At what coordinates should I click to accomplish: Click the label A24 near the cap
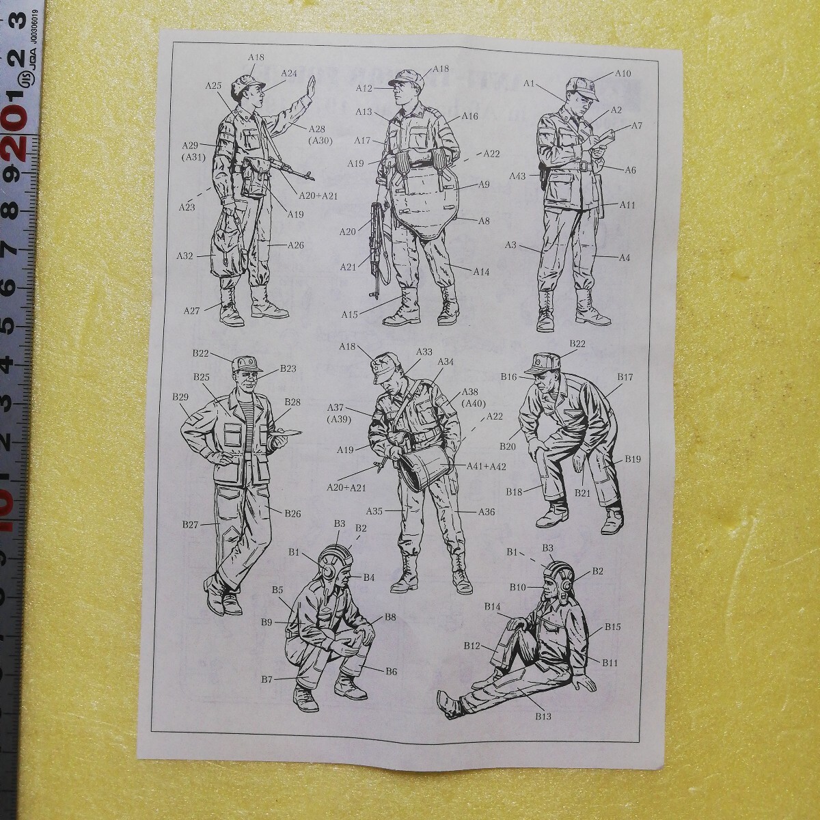[289, 73]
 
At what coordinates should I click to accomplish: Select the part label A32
[185, 256]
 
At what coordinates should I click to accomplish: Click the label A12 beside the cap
[364, 88]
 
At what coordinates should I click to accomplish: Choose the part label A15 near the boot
[351, 314]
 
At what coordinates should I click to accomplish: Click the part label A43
[517, 176]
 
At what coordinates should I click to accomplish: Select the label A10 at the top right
[623, 73]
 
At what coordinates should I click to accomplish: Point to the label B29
[180, 397]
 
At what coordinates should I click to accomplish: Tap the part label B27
[190, 524]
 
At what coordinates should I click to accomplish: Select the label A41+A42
[487, 466]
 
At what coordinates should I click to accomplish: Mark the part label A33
[424, 351]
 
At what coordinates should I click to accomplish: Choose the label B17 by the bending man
[625, 377]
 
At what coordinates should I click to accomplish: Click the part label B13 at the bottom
[543, 716]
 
